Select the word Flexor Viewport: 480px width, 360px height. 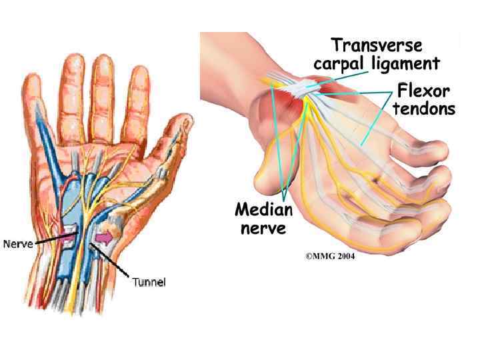click(x=423, y=90)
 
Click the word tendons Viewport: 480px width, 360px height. click(x=424, y=108)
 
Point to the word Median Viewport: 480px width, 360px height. click(x=263, y=211)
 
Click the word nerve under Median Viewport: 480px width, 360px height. click(x=263, y=229)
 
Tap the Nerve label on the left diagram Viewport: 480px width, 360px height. click(x=18, y=244)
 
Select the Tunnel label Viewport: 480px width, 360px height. click(x=149, y=282)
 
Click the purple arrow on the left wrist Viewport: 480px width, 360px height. click(x=104, y=237)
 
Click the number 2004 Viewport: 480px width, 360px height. click(x=343, y=257)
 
